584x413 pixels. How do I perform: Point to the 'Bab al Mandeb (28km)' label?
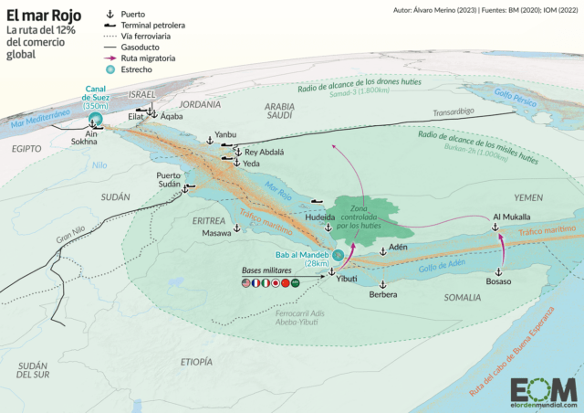click(x=307, y=259)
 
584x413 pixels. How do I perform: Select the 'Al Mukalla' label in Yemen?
click(x=511, y=217)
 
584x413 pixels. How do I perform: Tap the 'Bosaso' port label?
click(x=499, y=281)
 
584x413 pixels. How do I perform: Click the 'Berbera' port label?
click(x=384, y=295)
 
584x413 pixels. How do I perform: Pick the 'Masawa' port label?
click(x=216, y=233)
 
